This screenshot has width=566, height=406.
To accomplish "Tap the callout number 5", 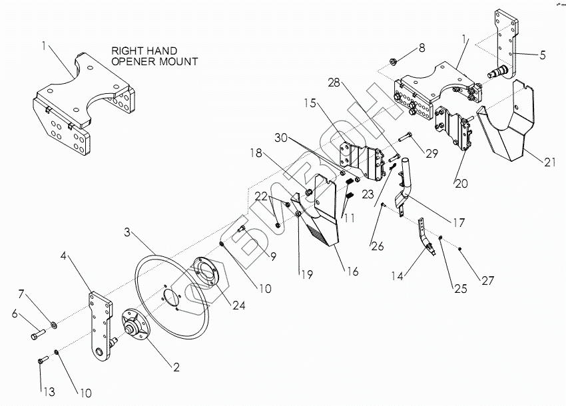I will (543, 55).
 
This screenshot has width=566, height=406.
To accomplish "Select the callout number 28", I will (332, 83).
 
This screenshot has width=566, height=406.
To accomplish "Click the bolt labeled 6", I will (37, 335).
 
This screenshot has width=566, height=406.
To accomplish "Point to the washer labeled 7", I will (53, 325).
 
